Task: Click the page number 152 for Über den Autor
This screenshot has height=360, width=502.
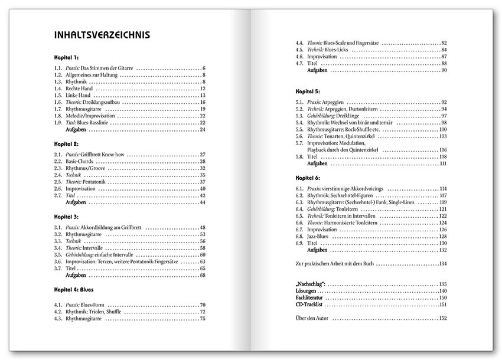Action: tap(442, 318)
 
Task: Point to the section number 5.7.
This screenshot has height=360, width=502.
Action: tap(299, 143)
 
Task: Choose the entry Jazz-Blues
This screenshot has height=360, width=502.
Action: tap(317, 236)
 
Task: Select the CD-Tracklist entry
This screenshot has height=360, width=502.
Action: tap(310, 305)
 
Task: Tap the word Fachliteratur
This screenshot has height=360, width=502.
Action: tap(309, 298)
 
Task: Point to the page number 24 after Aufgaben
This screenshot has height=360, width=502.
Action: tap(202, 129)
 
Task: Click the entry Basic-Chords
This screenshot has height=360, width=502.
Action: tap(80, 161)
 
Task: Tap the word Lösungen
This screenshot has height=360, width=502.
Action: tap(307, 291)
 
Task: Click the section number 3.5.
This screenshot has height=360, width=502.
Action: tap(58, 254)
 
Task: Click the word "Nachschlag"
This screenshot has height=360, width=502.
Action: tap(312, 284)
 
